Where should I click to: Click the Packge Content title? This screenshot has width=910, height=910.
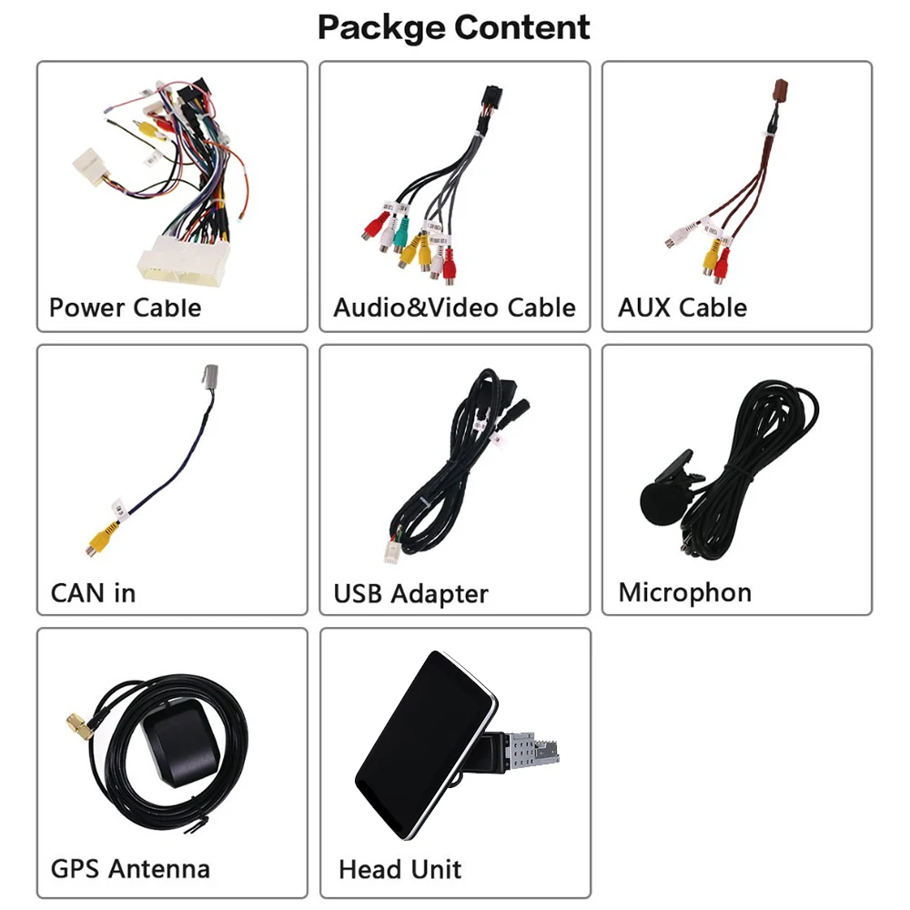[x=453, y=27]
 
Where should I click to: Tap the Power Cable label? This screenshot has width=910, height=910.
[x=125, y=307]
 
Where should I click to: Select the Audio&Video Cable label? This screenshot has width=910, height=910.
[x=454, y=307]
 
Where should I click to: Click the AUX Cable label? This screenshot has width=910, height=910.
[x=682, y=307]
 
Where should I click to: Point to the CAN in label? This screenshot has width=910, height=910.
[x=93, y=592]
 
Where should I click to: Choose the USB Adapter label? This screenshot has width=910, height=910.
[x=410, y=594]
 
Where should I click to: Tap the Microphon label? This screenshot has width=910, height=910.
[x=684, y=592]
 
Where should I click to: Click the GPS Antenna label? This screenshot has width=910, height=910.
[x=130, y=868]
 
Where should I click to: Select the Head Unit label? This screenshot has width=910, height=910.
[x=399, y=869]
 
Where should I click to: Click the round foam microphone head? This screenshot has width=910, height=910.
[x=659, y=502]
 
